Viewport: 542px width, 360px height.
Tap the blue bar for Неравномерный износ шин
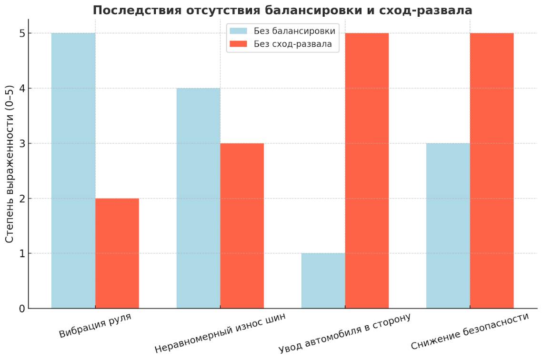198,198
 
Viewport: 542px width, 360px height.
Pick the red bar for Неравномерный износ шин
242,226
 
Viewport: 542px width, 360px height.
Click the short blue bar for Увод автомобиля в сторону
323,281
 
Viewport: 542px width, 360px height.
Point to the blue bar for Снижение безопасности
448,226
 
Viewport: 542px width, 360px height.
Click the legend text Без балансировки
294,31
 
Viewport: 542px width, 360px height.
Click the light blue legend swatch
239,31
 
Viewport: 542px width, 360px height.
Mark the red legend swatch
239,44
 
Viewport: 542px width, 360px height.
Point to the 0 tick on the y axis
22,309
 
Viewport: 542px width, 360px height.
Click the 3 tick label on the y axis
22,143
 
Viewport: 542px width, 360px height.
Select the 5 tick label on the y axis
22,33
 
